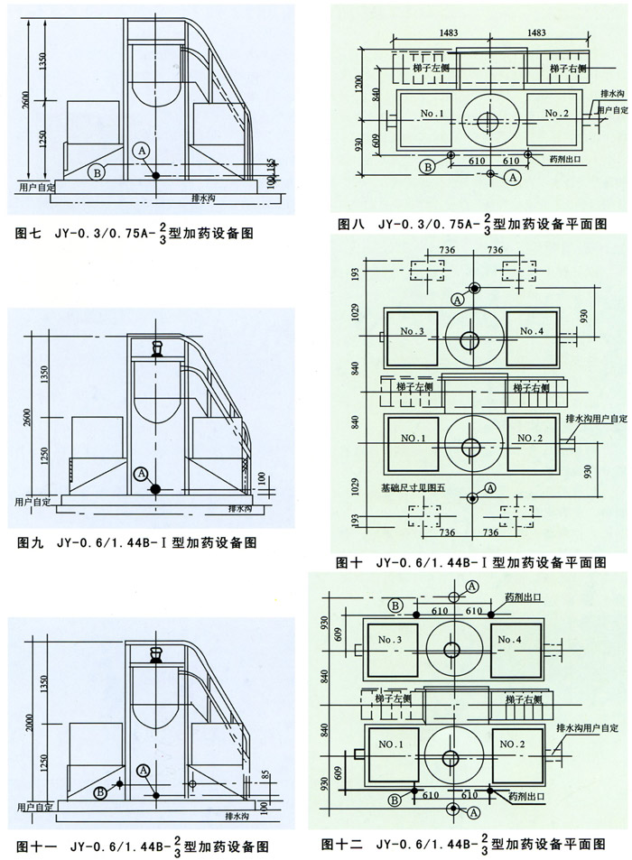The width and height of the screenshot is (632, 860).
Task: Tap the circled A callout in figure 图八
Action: coord(513,180)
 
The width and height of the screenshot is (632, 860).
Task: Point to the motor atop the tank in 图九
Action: coord(158,348)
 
